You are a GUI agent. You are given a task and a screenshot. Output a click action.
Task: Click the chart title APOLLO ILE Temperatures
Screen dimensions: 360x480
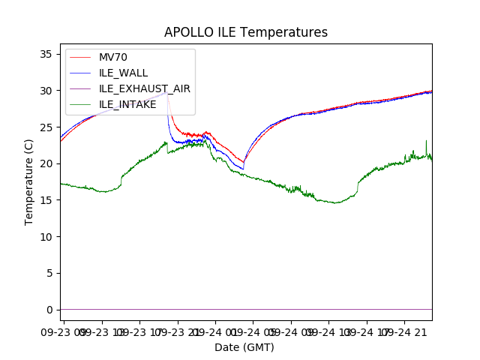tap(246, 33)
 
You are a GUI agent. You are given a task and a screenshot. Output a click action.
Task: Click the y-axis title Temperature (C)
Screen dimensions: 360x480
tap(29, 182)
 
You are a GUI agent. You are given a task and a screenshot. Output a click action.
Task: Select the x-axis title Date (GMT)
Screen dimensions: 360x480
tap(244, 347)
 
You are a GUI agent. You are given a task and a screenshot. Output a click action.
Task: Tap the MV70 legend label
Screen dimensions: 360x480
tap(114, 57)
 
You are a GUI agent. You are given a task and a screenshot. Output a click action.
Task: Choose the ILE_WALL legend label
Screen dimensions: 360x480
tap(123, 73)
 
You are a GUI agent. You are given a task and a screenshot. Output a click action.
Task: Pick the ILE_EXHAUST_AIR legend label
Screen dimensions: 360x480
tap(144, 88)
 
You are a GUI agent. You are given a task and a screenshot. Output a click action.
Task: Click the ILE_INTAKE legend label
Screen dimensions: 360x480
tap(127, 104)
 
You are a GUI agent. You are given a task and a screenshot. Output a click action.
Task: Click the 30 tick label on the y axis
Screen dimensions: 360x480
tap(46, 91)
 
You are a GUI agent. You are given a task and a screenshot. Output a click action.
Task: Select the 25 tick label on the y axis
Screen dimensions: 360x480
tap(46, 127)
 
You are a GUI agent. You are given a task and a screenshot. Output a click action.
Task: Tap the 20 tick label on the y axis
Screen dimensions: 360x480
tap(46, 163)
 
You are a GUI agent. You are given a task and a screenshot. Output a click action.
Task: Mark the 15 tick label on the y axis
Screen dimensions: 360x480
tap(46, 200)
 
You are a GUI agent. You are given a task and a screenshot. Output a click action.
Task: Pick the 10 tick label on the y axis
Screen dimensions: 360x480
tap(46, 237)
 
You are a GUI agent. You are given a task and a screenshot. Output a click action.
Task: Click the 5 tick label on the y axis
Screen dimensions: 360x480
tap(49, 273)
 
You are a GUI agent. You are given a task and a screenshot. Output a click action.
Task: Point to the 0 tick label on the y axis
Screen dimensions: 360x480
tap(49, 310)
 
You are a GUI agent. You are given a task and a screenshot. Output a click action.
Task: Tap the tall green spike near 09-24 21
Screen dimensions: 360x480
tap(426, 141)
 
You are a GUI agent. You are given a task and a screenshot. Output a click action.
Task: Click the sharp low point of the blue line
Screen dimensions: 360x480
tap(243, 169)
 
